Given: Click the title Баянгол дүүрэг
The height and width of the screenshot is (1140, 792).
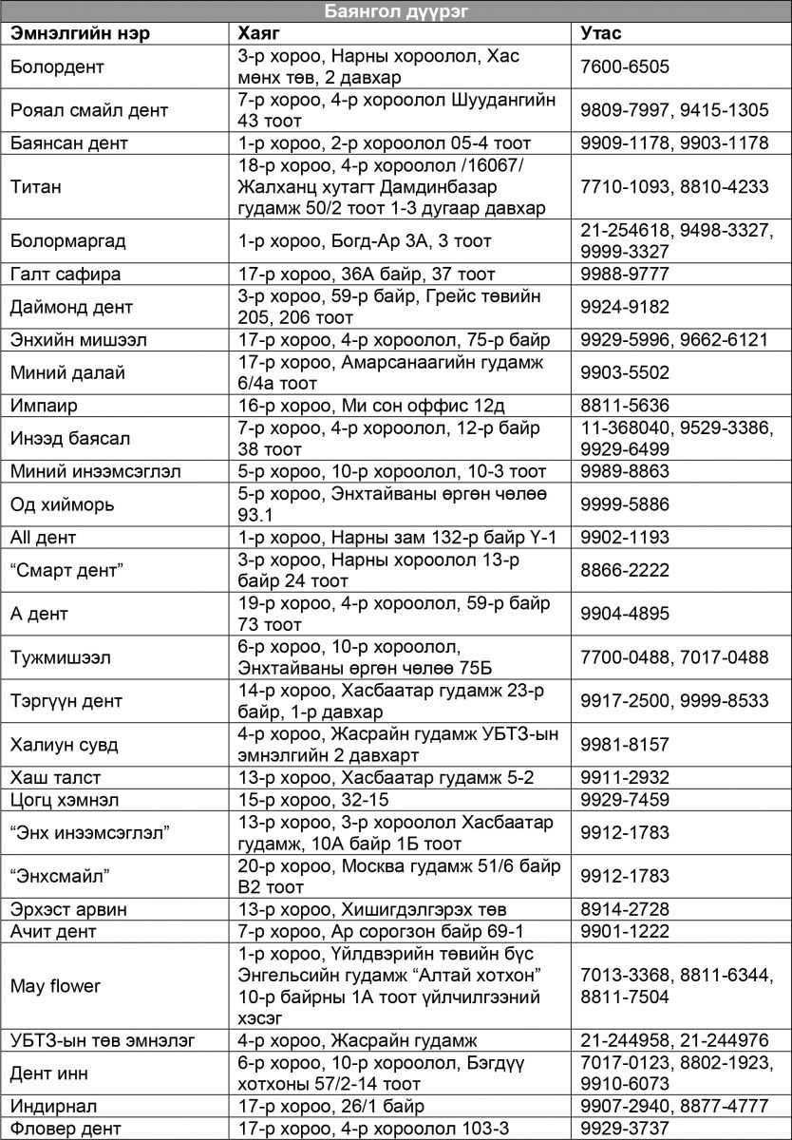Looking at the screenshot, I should (395, 11).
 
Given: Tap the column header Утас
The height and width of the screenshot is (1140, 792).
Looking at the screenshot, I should (601, 33).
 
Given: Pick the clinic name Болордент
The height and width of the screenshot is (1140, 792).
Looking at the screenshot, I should (57, 66).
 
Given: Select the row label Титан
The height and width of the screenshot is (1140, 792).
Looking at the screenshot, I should (36, 187).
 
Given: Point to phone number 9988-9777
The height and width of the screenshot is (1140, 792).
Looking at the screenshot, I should (625, 275).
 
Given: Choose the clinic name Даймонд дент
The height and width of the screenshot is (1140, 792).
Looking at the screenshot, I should (72, 307).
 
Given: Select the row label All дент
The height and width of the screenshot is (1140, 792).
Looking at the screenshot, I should (44, 538).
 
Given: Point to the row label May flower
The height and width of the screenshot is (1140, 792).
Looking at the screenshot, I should (55, 986).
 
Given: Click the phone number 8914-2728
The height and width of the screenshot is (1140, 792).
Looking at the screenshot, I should (625, 909).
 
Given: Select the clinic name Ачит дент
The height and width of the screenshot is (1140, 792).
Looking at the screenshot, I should (54, 931).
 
